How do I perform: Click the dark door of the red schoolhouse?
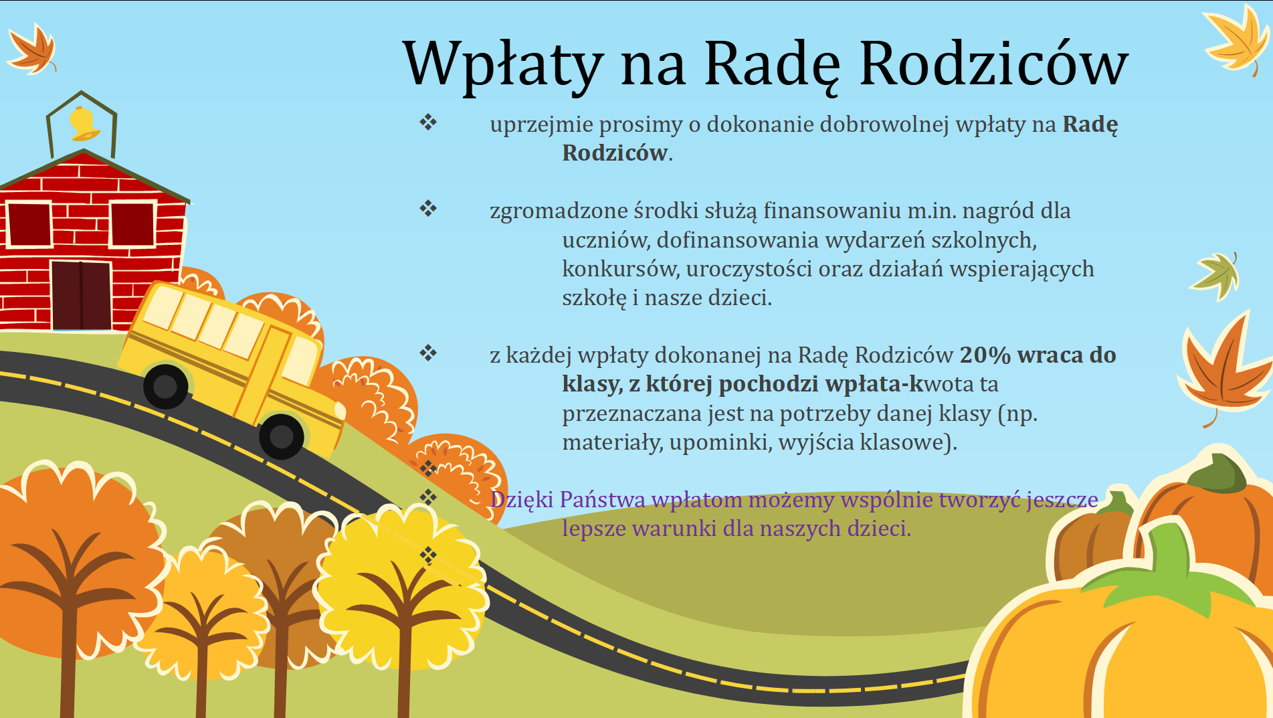click(x=81, y=295)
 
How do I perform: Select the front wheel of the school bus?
click(x=282, y=436)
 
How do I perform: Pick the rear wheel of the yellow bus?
click(x=165, y=386)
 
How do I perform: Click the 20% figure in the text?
click(x=985, y=355)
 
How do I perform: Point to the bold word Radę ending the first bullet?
click(x=1090, y=125)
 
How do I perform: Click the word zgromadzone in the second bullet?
click(x=559, y=212)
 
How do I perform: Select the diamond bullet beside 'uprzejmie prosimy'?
click(x=428, y=122)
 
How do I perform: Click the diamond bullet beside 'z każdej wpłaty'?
click(x=428, y=353)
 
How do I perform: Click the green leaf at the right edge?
click(x=1216, y=274)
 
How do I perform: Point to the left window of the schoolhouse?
click(x=29, y=225)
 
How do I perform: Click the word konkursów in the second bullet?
click(x=621, y=269)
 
